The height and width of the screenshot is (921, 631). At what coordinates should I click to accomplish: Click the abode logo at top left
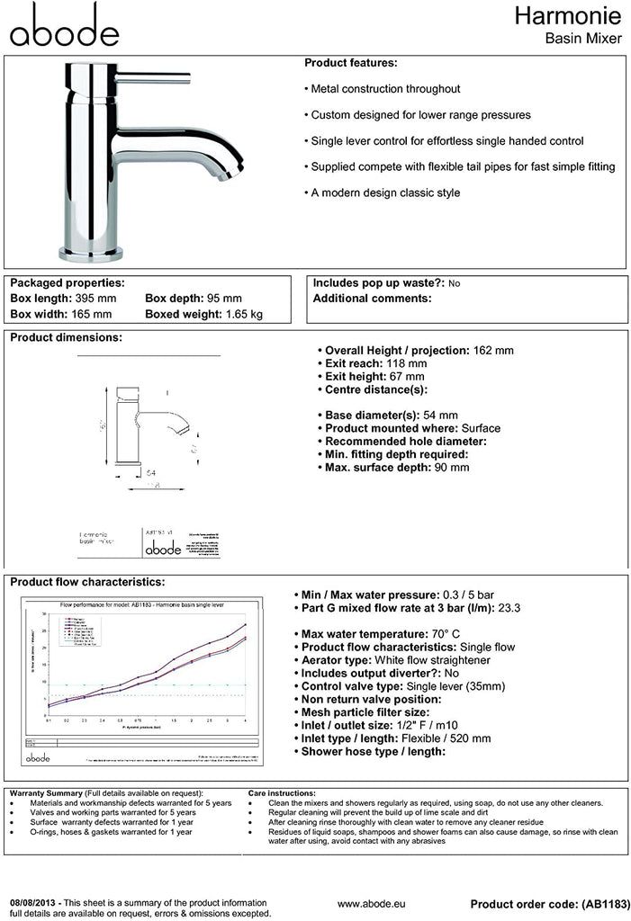pos(63,26)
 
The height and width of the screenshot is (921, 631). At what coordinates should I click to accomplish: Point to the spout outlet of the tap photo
pos(233,165)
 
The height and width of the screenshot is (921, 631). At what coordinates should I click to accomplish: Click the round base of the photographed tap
pos(90,252)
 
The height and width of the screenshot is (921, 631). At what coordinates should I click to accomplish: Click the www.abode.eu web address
pos(370,903)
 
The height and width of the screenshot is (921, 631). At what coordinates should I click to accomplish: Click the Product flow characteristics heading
pos(86,582)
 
